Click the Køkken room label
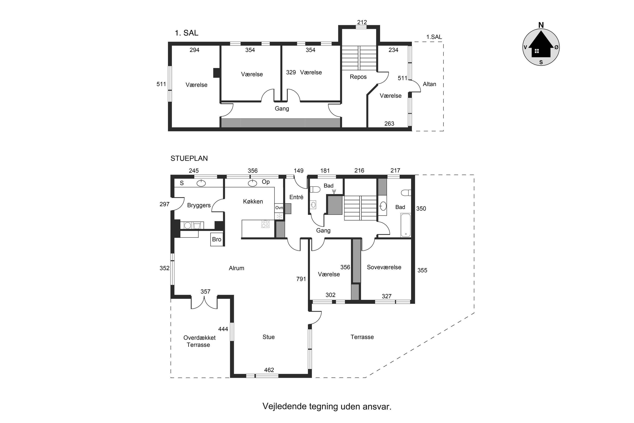coord(253,202)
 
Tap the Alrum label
coord(236,268)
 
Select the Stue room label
coord(268,337)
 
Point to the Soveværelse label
coord(384,267)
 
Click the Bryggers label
coord(199,206)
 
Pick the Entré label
coord(296,197)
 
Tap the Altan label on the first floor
coord(429,84)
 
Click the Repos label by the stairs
coord(358,77)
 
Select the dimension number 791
coord(301,279)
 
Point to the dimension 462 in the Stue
coord(269,370)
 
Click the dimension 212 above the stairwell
coord(362,22)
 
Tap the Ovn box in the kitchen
coord(279,208)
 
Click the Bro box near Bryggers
coord(217,239)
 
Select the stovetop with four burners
coord(265,224)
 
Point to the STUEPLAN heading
coord(189,158)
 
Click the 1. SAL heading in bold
coord(187,33)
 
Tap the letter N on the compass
coord(541,25)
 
